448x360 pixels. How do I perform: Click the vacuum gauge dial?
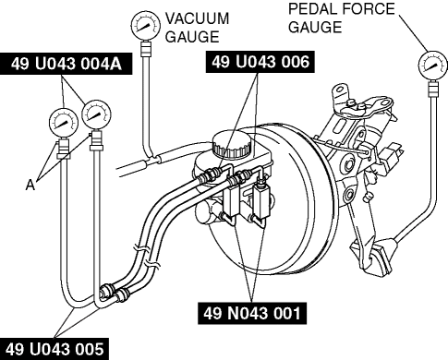point(145,25)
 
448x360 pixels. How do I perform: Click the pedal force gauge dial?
point(432,66)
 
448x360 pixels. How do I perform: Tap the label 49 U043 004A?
point(67,64)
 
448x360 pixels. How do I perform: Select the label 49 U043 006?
point(260,62)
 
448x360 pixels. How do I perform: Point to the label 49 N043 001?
point(252,313)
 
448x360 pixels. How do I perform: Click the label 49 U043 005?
point(54,349)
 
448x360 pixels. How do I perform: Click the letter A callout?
point(30,185)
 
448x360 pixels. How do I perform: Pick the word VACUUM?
point(198,18)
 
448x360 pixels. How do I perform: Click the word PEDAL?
point(314,9)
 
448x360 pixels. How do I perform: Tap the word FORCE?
point(369,8)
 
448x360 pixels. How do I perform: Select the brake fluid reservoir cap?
point(231,143)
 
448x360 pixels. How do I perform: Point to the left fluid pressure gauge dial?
point(64,123)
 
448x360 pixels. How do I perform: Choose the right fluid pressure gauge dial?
point(96,114)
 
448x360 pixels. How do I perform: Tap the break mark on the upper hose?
point(141,248)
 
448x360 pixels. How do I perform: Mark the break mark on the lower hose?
point(153,262)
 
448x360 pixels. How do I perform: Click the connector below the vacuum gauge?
point(146,49)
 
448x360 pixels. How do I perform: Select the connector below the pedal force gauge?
point(433,89)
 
